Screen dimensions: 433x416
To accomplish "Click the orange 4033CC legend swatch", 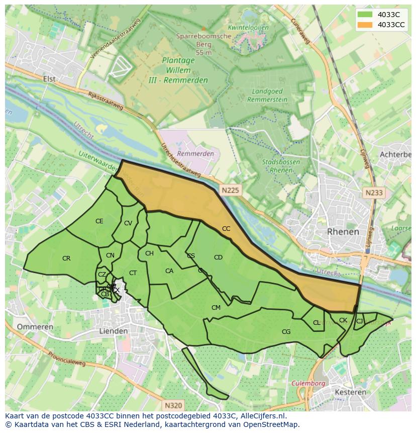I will point(365,25).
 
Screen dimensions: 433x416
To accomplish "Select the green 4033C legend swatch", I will point(365,15).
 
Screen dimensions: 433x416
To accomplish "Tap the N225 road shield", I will point(230,190).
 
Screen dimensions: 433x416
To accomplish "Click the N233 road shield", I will point(374,193).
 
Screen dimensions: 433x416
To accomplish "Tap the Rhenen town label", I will point(343,232).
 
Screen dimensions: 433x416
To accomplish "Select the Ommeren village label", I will point(35,327).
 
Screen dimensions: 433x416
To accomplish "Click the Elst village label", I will point(49,79).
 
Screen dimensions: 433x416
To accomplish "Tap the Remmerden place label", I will point(195,153).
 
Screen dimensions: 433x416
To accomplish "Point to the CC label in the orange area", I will point(226,229).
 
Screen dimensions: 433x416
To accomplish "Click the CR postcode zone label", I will point(66,258).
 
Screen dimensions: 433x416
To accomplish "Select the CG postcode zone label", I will point(286,331).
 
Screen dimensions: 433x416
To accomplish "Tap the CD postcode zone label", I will point(218,257).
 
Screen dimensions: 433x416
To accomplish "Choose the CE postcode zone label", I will point(99,221).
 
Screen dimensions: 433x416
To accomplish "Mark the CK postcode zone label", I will point(343,320).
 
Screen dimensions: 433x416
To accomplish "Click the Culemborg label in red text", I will point(308,383).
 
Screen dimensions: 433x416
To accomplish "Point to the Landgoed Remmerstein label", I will point(268,96).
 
